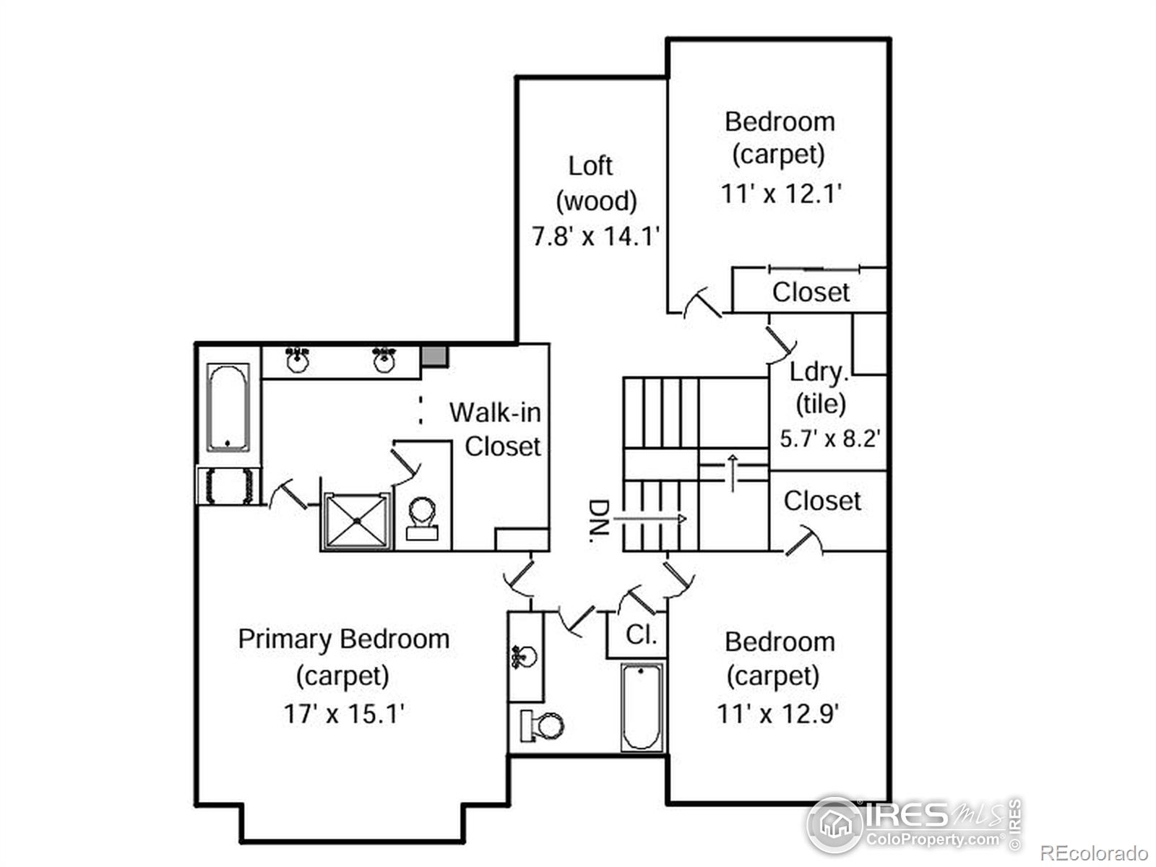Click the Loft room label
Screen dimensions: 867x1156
click(590, 166)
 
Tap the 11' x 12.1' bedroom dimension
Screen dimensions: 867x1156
click(781, 194)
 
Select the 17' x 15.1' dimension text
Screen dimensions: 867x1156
click(343, 714)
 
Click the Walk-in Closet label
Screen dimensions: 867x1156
click(495, 429)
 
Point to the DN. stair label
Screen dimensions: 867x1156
click(599, 521)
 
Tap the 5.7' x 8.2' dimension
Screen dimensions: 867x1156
click(829, 438)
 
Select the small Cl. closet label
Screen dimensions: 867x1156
click(642, 635)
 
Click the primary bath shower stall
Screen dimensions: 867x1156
click(358, 521)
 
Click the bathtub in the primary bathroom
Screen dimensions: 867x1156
click(228, 407)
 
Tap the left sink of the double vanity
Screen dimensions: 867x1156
click(298, 359)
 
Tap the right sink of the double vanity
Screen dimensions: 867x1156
click(384, 359)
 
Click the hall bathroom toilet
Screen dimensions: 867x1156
click(542, 725)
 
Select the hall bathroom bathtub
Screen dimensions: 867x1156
click(642, 707)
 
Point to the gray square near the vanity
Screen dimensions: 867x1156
click(433, 355)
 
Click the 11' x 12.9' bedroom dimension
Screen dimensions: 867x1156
click(777, 714)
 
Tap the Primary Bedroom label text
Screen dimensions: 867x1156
click(344, 639)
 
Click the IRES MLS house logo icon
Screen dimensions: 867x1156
click(835, 824)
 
